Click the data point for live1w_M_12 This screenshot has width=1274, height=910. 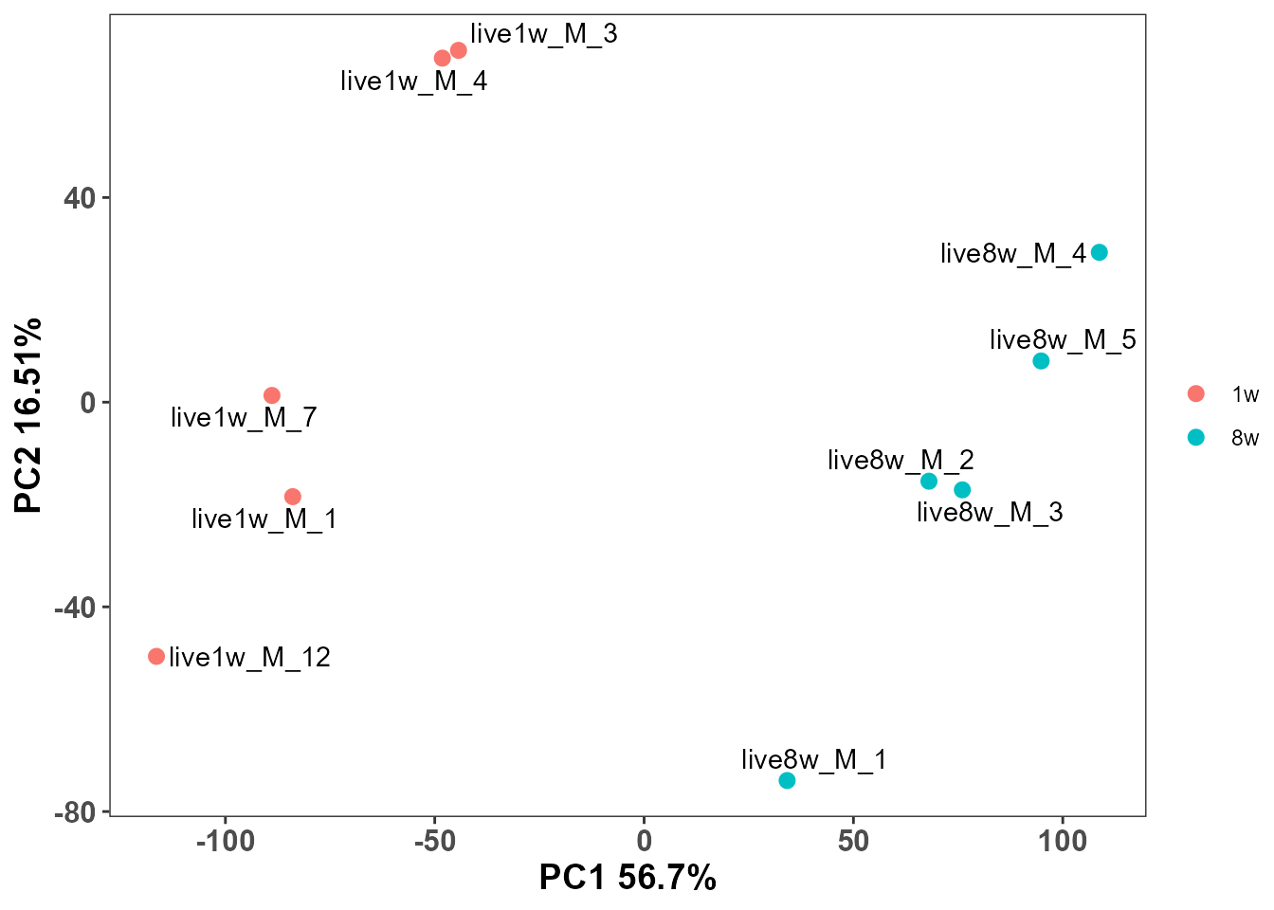[x=156, y=656]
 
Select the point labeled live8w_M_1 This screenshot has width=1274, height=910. [x=787, y=780]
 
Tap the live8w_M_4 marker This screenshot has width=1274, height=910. [x=1099, y=252]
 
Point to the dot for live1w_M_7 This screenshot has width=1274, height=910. [x=272, y=395]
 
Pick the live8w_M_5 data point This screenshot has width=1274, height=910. [x=1041, y=361]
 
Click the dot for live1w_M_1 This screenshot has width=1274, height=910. [x=293, y=497]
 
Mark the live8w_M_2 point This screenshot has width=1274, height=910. [x=929, y=482]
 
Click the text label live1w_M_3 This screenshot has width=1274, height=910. [x=543, y=34]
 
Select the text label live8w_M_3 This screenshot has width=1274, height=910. [x=990, y=513]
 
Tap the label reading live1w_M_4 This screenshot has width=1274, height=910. [x=413, y=82]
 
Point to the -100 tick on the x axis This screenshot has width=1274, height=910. [x=226, y=841]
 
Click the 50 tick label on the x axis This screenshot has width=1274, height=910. [x=853, y=841]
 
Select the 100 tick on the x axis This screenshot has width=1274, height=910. [x=1062, y=841]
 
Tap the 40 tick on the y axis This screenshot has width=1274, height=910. [x=81, y=198]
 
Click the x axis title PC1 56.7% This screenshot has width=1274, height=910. [x=628, y=878]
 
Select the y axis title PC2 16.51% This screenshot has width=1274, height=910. [x=28, y=415]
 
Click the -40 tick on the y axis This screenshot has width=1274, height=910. [x=76, y=608]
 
